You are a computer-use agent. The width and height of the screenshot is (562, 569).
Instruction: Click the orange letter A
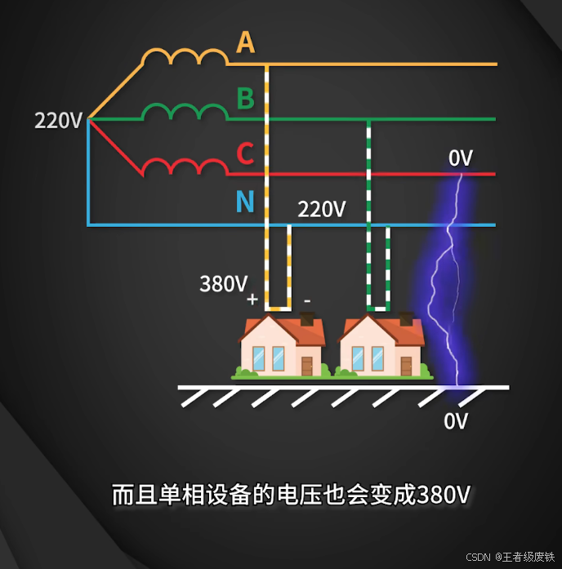click(x=245, y=42)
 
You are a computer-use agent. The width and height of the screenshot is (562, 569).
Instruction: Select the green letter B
click(x=245, y=99)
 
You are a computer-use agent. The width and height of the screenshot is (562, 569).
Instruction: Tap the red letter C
click(x=245, y=153)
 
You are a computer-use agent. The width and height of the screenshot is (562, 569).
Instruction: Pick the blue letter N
click(x=245, y=201)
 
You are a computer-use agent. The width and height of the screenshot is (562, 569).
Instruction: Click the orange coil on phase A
click(x=185, y=57)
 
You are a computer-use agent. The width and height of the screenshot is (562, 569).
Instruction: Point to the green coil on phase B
click(x=185, y=112)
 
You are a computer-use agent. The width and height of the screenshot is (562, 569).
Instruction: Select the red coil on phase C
click(x=185, y=167)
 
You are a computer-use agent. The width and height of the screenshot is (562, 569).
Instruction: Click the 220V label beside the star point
click(x=58, y=121)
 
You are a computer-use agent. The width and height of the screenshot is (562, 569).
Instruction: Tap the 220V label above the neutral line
click(x=321, y=209)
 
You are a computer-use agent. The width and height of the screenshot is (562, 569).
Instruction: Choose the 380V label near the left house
click(x=223, y=284)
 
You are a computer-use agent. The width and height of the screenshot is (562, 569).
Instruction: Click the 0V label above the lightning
click(x=461, y=158)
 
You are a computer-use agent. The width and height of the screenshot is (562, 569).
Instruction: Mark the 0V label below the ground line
click(x=456, y=421)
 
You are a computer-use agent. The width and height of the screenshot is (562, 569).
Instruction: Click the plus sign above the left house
click(x=252, y=300)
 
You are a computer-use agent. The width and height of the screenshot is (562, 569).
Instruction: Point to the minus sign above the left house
click(x=307, y=300)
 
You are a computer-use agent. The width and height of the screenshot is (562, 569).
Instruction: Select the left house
click(x=282, y=348)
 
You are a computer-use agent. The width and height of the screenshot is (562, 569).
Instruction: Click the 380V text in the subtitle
click(x=444, y=496)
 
